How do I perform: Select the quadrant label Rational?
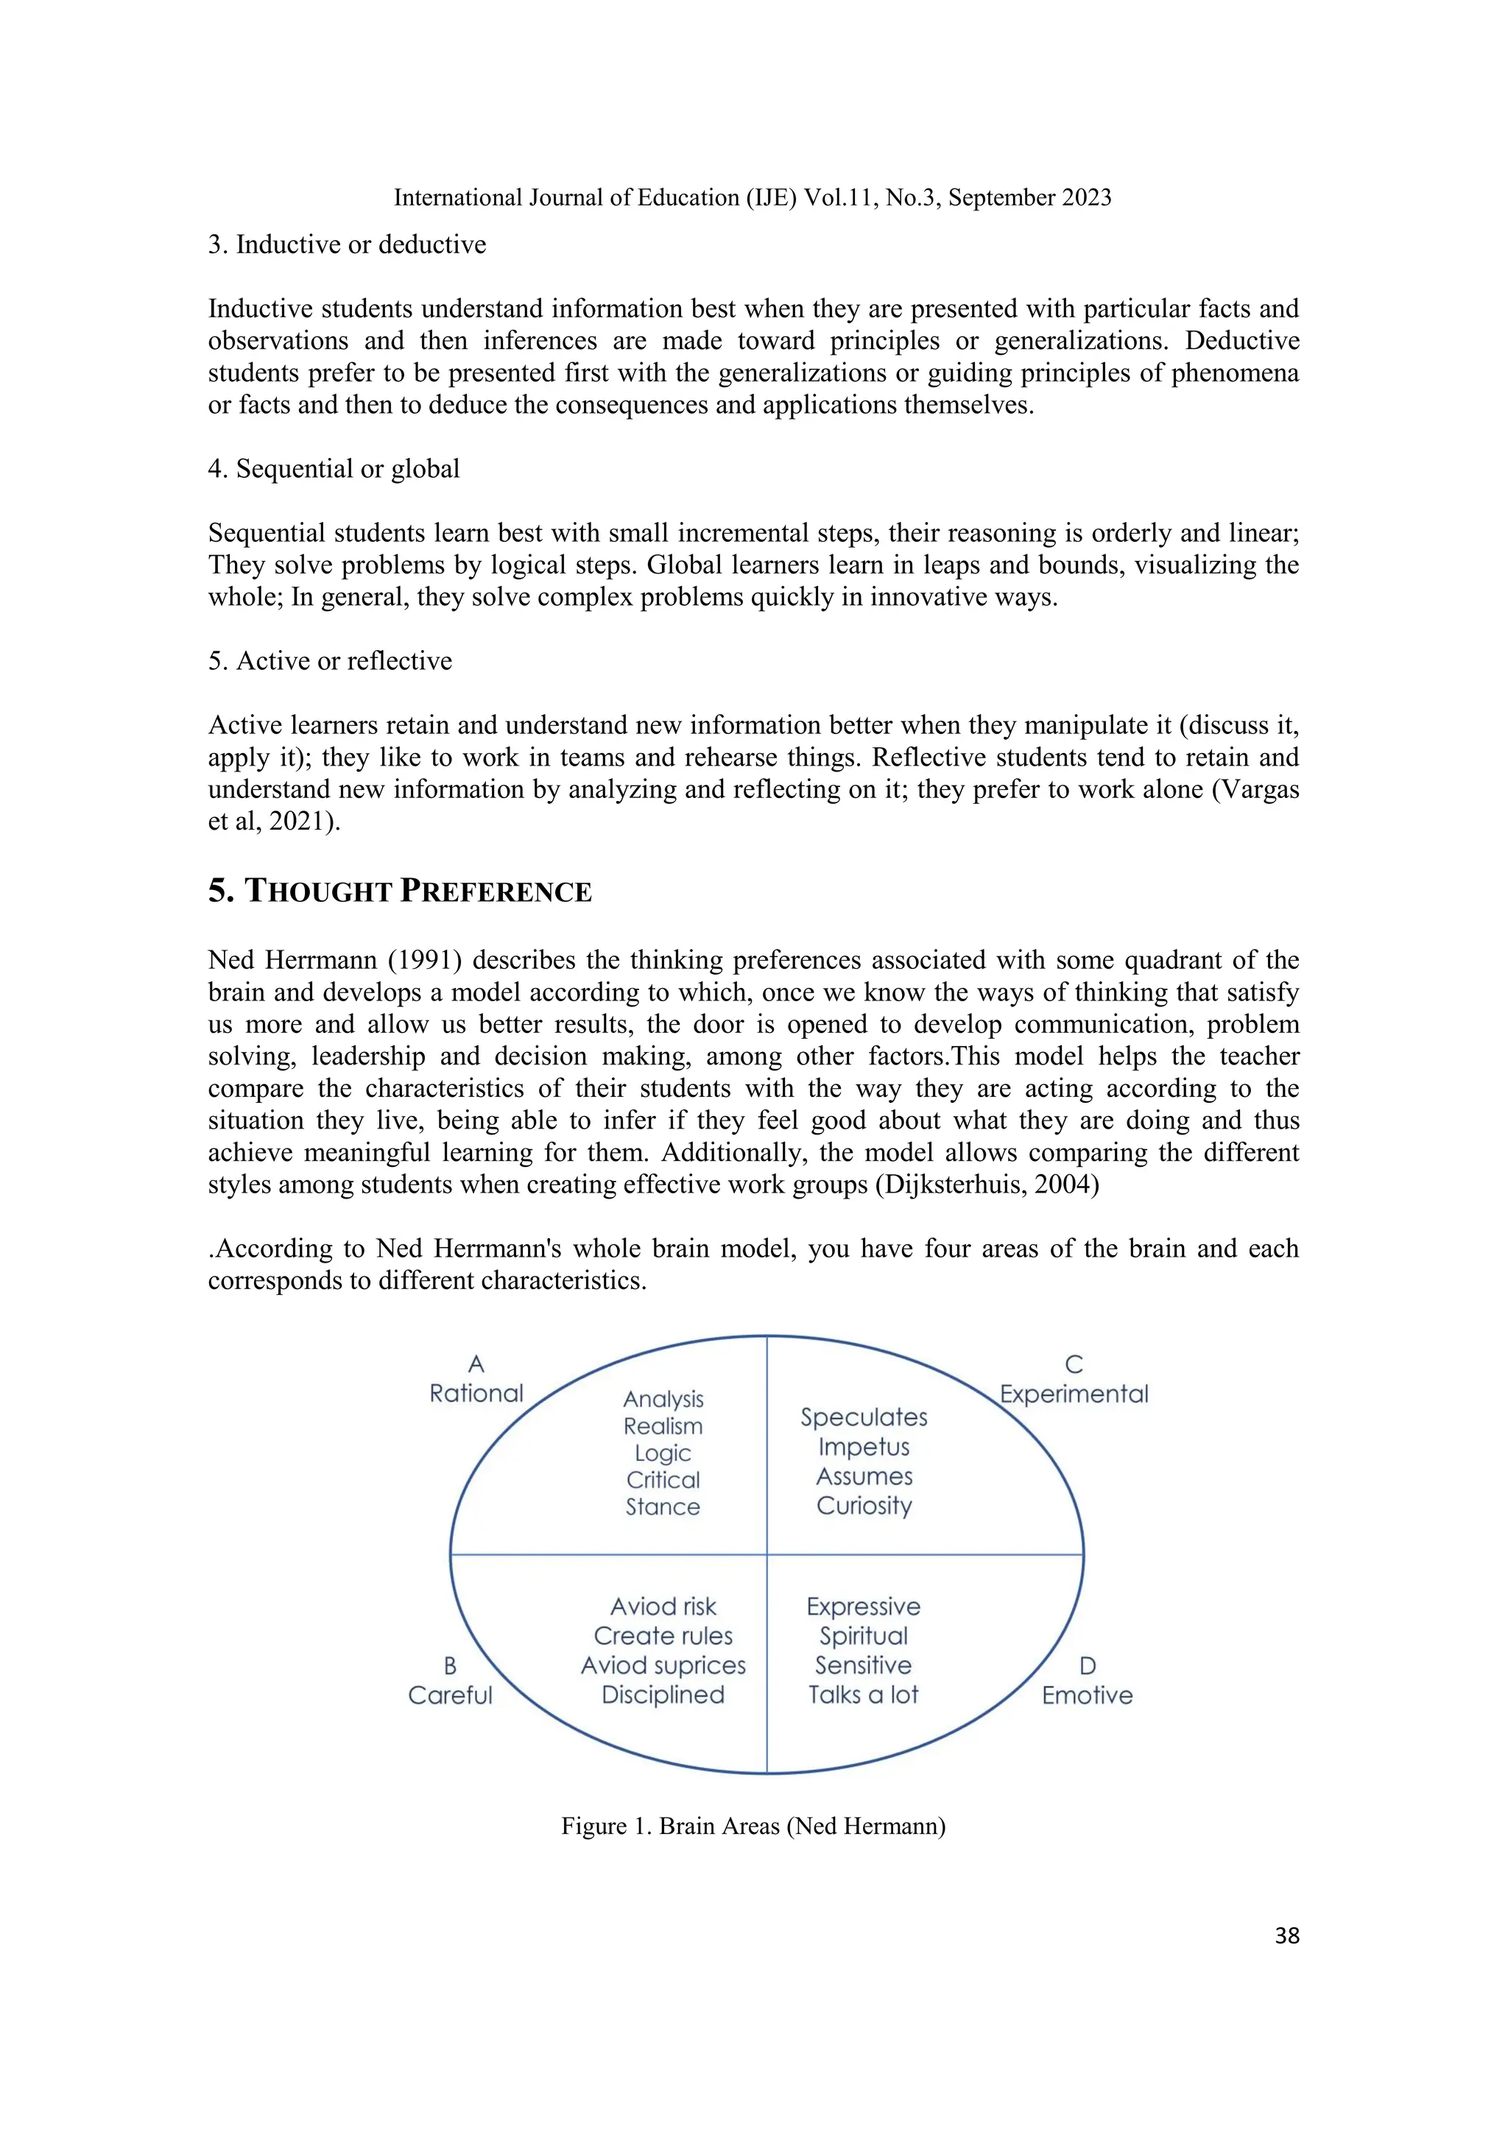click(476, 1394)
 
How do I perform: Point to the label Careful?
click(451, 1695)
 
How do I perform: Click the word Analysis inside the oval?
click(663, 1399)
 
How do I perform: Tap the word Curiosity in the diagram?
click(864, 1506)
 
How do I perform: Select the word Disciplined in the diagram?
click(663, 1695)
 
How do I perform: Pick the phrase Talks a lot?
click(863, 1695)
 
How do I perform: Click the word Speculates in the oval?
click(864, 1417)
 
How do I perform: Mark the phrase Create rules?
click(663, 1636)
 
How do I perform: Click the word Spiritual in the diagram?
click(863, 1636)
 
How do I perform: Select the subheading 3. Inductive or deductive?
click(348, 244)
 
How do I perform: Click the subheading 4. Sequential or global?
click(334, 469)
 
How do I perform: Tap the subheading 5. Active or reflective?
click(331, 661)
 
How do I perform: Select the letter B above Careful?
click(451, 1666)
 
